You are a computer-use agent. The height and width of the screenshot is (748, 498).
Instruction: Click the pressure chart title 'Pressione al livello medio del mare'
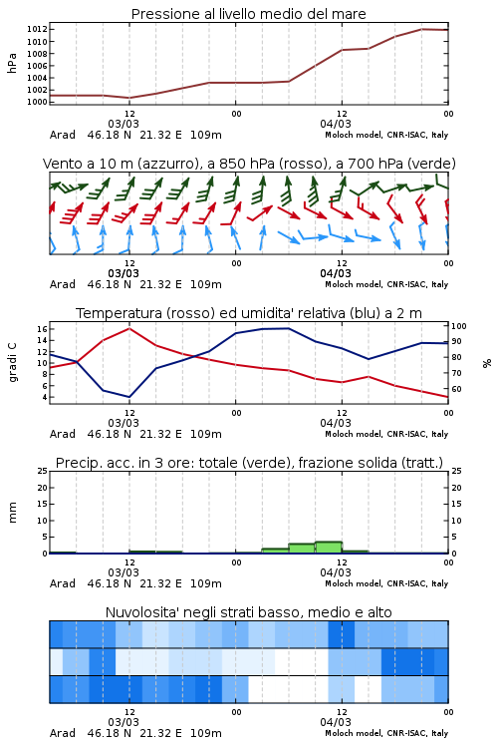click(248, 14)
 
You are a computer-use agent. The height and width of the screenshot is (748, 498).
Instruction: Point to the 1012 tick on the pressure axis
click(37, 30)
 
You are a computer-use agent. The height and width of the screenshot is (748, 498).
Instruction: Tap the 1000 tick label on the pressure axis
click(37, 102)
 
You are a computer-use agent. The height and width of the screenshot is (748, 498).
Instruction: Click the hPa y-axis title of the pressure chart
click(12, 63)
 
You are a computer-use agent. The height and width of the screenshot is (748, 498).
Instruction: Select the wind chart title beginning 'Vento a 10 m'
click(249, 164)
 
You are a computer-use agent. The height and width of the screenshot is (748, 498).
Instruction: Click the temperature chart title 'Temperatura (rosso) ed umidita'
click(249, 313)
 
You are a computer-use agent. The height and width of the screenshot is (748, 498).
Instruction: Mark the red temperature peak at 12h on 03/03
click(129, 328)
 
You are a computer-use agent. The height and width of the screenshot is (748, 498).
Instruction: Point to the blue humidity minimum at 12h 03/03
click(129, 397)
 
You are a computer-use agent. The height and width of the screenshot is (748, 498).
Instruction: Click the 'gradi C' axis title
click(12, 362)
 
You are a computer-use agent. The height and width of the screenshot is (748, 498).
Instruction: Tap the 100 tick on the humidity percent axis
click(459, 326)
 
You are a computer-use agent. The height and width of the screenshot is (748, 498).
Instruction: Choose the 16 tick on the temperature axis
click(42, 329)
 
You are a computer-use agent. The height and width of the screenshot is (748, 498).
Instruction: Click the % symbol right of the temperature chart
click(487, 363)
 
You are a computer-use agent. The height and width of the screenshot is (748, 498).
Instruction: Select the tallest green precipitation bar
click(329, 548)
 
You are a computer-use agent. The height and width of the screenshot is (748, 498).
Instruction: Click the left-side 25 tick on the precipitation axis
click(43, 471)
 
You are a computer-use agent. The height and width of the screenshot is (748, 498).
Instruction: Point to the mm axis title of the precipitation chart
click(12, 512)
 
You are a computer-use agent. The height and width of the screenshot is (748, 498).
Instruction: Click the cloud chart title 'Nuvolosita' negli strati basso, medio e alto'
click(248, 612)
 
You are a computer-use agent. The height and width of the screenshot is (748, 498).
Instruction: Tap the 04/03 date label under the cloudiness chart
click(336, 722)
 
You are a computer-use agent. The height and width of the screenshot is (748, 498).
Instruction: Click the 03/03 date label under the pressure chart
click(124, 124)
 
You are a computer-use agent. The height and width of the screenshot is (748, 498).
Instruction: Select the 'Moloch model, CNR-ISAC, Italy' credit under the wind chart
click(386, 284)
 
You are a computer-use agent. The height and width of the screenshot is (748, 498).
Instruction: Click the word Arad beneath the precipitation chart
click(63, 583)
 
